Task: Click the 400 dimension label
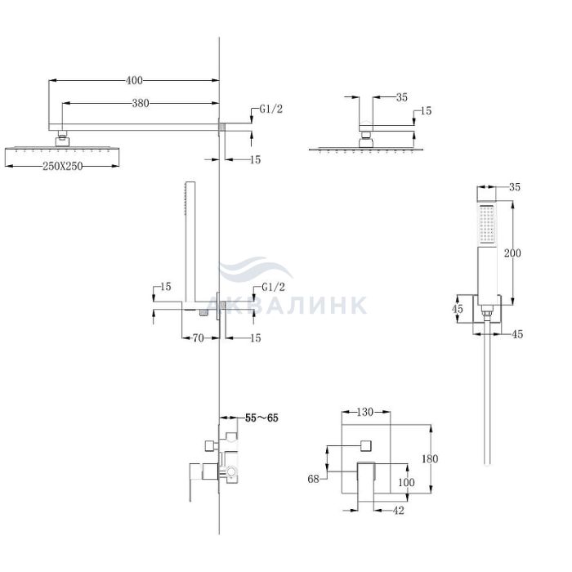click(x=134, y=80)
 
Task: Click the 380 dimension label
click(x=141, y=104)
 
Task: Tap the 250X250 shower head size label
click(x=63, y=167)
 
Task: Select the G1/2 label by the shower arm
click(x=271, y=109)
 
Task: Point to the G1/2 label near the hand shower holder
click(x=273, y=287)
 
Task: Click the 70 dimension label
click(x=198, y=338)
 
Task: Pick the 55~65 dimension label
click(x=261, y=418)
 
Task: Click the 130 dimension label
click(x=364, y=412)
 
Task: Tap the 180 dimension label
click(x=430, y=458)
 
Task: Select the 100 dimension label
click(x=406, y=482)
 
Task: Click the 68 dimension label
click(x=313, y=479)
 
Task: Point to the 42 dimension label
click(x=399, y=511)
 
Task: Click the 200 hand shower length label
click(x=512, y=252)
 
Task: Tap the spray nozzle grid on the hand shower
click(x=487, y=224)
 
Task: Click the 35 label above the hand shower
click(x=514, y=187)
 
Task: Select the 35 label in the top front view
click(x=402, y=97)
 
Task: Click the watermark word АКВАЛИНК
click(x=286, y=305)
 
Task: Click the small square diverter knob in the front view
click(x=366, y=446)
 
